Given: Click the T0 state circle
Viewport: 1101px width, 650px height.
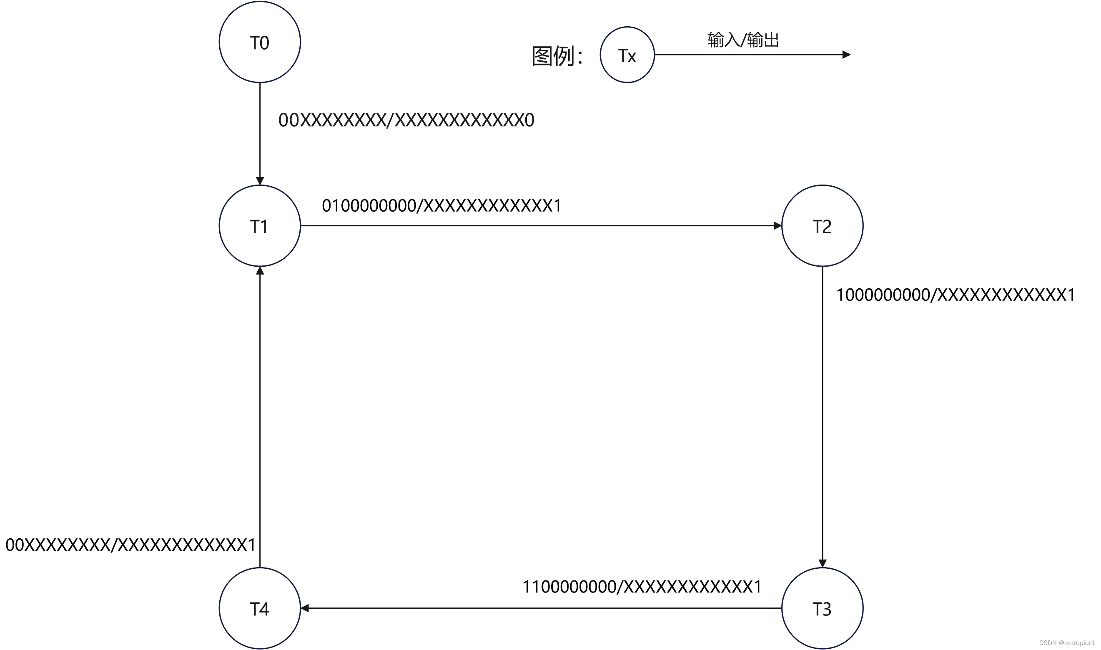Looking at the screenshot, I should coord(260,42).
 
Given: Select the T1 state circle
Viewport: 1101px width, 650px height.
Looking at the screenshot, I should coord(260,225).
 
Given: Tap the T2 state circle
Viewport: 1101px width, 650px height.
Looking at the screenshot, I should coord(823,225).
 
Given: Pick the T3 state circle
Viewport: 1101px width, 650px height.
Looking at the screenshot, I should coord(823,608).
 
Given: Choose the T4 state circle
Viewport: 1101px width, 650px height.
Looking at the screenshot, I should coord(260,608).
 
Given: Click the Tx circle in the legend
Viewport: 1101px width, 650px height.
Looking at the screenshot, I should coord(627,55).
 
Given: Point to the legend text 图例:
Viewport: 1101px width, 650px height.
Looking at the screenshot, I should coord(557,56).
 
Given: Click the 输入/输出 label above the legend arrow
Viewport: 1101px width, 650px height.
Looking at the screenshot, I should coord(743,40).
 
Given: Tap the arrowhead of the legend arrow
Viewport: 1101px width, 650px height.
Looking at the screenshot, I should coord(846,55).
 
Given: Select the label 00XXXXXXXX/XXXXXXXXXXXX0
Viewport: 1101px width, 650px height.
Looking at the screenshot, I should coord(406,120).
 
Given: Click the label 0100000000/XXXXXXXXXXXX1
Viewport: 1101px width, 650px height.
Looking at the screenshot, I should coord(441,205).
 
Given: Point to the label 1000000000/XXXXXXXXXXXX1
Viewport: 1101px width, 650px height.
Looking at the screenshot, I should coord(956,295).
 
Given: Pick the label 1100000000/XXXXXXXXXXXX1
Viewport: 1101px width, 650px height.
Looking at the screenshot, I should coord(642,587).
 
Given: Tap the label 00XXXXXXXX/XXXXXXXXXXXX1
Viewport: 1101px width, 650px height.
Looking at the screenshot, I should coord(130,545).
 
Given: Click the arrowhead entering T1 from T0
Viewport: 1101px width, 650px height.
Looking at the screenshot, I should coord(260,181).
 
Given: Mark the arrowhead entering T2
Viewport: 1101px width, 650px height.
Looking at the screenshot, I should coord(777,225).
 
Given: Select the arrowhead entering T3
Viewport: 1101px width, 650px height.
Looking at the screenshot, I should coord(823,563).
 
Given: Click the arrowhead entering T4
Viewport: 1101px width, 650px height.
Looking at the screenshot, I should coord(305,608).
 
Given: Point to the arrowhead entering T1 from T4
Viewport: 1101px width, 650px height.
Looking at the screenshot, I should coord(260,271).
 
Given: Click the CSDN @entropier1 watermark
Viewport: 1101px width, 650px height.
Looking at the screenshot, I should coord(1067,642).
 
